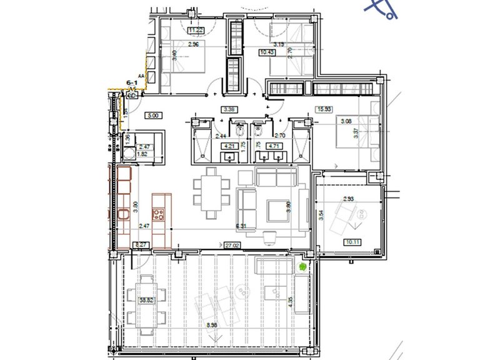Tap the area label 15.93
coord(324,108)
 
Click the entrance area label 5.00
coord(152,115)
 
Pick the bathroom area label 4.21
coord(229,147)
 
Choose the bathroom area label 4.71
coord(273,147)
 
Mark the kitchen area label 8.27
coord(142,246)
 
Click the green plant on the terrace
coord(302,267)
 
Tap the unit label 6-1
coord(132,82)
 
